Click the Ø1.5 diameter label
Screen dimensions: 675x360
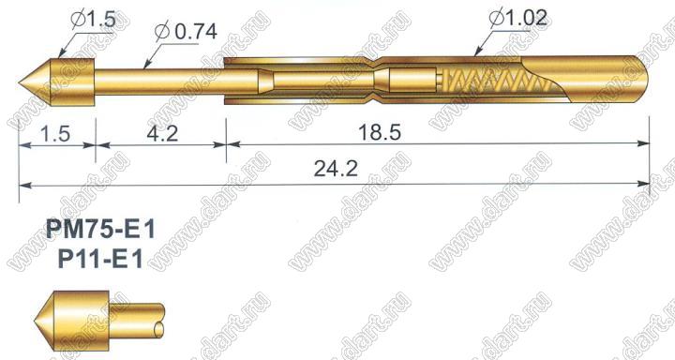click(x=94, y=20)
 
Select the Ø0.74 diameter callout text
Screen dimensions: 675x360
click(x=186, y=32)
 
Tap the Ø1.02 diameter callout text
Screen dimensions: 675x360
click(x=517, y=18)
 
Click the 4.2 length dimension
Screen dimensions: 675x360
click(x=162, y=133)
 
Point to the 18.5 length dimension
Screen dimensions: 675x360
click(x=380, y=132)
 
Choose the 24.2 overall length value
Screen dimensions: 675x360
click(x=336, y=169)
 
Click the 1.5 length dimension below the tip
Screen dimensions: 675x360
click(x=55, y=133)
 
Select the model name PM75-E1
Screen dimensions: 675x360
click(x=100, y=230)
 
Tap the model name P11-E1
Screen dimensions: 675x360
click(x=100, y=260)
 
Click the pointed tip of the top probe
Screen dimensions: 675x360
click(x=20, y=82)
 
